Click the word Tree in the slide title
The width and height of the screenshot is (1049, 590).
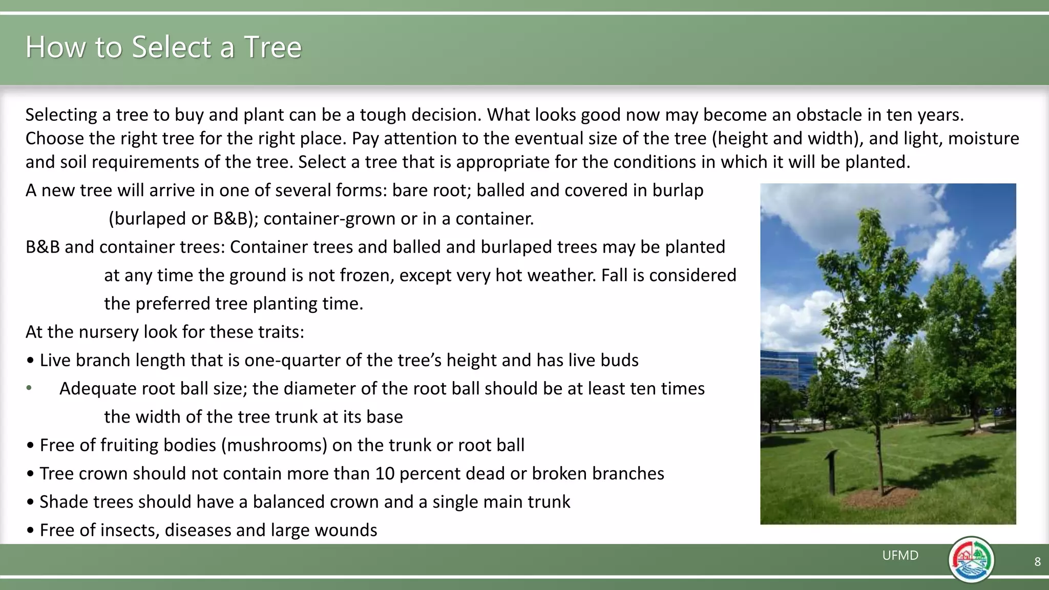[x=272, y=47]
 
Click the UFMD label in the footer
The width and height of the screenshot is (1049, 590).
[x=900, y=555]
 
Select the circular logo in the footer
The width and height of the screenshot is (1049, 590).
[x=971, y=559]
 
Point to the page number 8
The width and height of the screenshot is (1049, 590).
[x=1037, y=562]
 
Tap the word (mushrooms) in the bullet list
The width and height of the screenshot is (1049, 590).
[x=274, y=445]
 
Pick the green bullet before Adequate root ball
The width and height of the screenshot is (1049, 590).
[x=29, y=388]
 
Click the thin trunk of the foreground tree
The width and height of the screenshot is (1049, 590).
[x=879, y=451]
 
